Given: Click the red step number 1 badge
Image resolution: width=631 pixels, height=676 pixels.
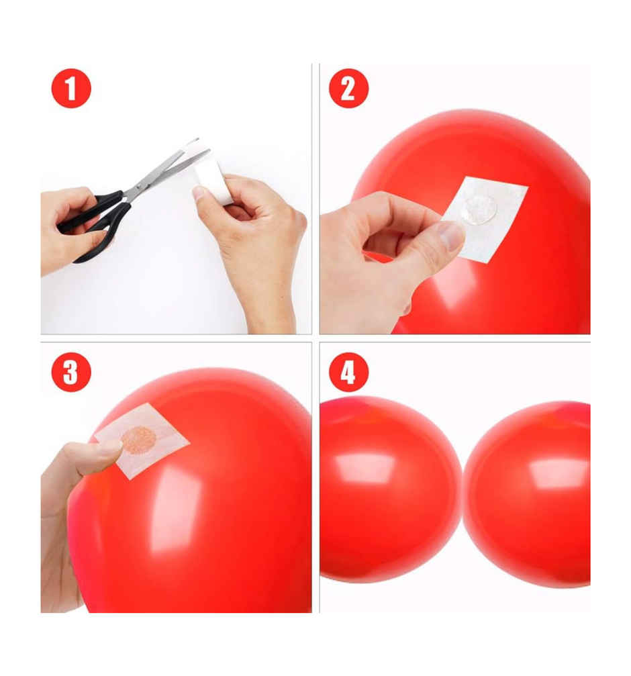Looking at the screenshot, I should [71, 88].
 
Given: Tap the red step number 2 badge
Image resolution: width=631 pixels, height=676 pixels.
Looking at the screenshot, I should [348, 88].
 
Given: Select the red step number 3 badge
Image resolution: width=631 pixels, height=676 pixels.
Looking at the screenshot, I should [71, 372].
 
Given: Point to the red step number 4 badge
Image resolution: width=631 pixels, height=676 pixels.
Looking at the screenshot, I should [348, 372].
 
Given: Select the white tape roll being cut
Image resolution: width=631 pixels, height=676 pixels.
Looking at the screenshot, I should [213, 180].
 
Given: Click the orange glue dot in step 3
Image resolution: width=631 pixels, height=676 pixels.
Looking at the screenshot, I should [138, 440].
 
